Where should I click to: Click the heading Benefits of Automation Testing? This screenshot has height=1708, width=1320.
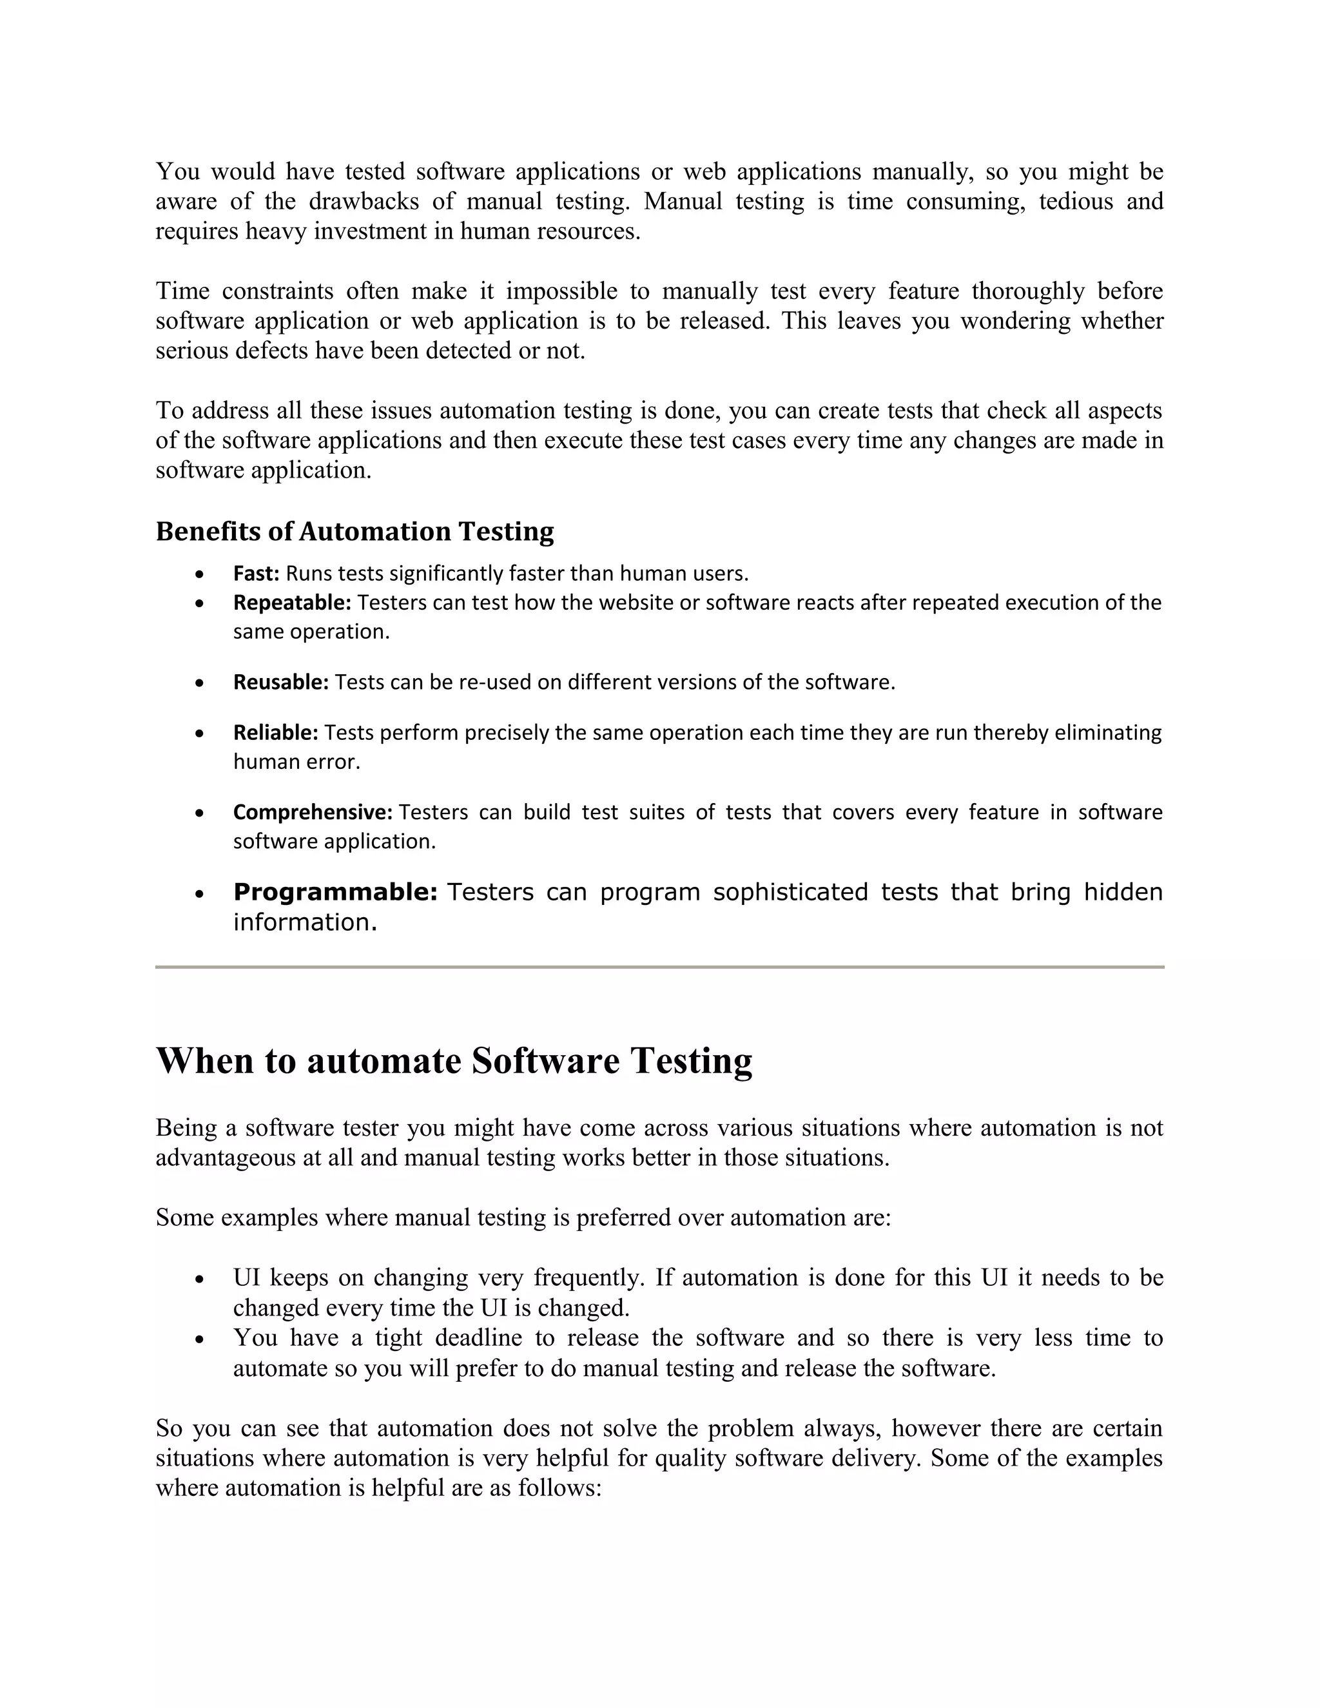pyautogui.click(x=354, y=531)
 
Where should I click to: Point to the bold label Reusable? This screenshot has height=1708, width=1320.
pyautogui.click(x=281, y=682)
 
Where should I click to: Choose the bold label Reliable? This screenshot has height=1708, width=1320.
pyautogui.click(x=275, y=732)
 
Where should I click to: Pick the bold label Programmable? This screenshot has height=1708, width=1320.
pyautogui.click(x=335, y=891)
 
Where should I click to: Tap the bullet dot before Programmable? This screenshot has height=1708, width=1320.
pyautogui.click(x=200, y=893)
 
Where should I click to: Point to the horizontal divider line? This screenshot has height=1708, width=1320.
pyautogui.click(x=659, y=967)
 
